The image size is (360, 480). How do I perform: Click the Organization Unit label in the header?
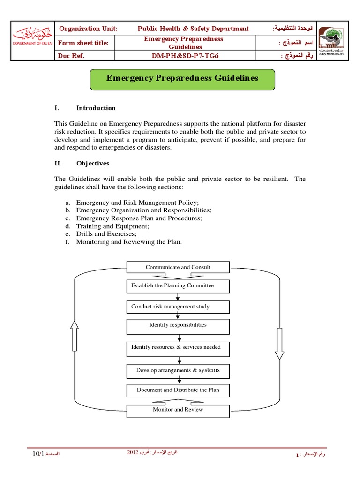coord(88,29)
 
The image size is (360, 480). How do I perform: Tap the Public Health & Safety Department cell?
coord(193,29)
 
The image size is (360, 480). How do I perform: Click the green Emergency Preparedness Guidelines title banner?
coord(182,78)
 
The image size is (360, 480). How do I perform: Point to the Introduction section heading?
coord(96,108)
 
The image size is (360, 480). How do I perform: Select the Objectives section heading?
coord(93,163)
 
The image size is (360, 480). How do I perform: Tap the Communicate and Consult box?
coord(178,267)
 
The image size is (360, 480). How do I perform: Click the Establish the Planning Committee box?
coord(178,286)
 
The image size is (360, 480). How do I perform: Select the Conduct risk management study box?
coord(178,307)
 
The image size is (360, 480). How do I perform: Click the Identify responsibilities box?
coord(178,325)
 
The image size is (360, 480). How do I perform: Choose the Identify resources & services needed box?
coord(178,348)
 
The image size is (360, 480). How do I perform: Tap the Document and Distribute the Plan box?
coord(178,390)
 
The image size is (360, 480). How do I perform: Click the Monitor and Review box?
coord(178,410)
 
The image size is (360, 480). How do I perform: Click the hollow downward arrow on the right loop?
coord(279,343)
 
